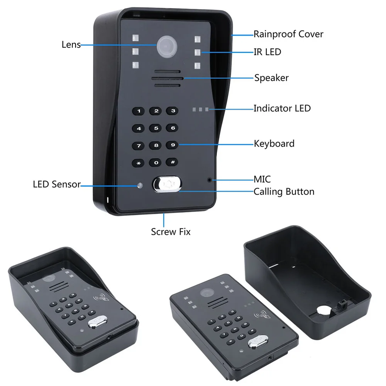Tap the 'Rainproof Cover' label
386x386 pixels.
click(x=288, y=34)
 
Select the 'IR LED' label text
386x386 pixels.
click(x=267, y=52)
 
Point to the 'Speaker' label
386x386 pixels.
click(x=271, y=78)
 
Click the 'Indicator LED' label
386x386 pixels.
click(x=282, y=108)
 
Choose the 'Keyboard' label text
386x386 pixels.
click(x=274, y=144)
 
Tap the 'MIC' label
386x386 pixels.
click(x=262, y=179)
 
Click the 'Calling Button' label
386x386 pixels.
click(x=284, y=191)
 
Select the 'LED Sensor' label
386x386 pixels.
click(x=56, y=184)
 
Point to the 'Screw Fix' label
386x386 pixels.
click(x=171, y=232)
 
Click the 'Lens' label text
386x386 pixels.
click(x=71, y=44)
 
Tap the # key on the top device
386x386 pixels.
click(x=173, y=162)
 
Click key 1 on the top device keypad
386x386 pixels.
click(x=139, y=111)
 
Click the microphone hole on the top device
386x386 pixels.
click(x=210, y=179)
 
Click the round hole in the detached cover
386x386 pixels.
click(x=322, y=312)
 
